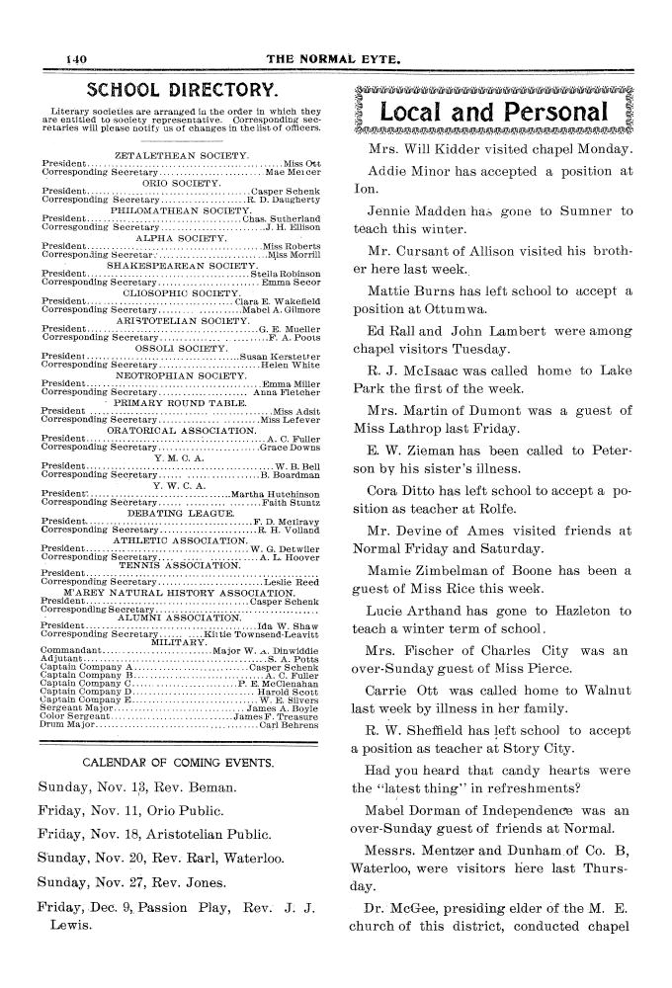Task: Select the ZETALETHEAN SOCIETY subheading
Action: point(182,156)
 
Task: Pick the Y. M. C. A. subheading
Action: point(180,457)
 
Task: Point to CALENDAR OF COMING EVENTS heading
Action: point(178,735)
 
